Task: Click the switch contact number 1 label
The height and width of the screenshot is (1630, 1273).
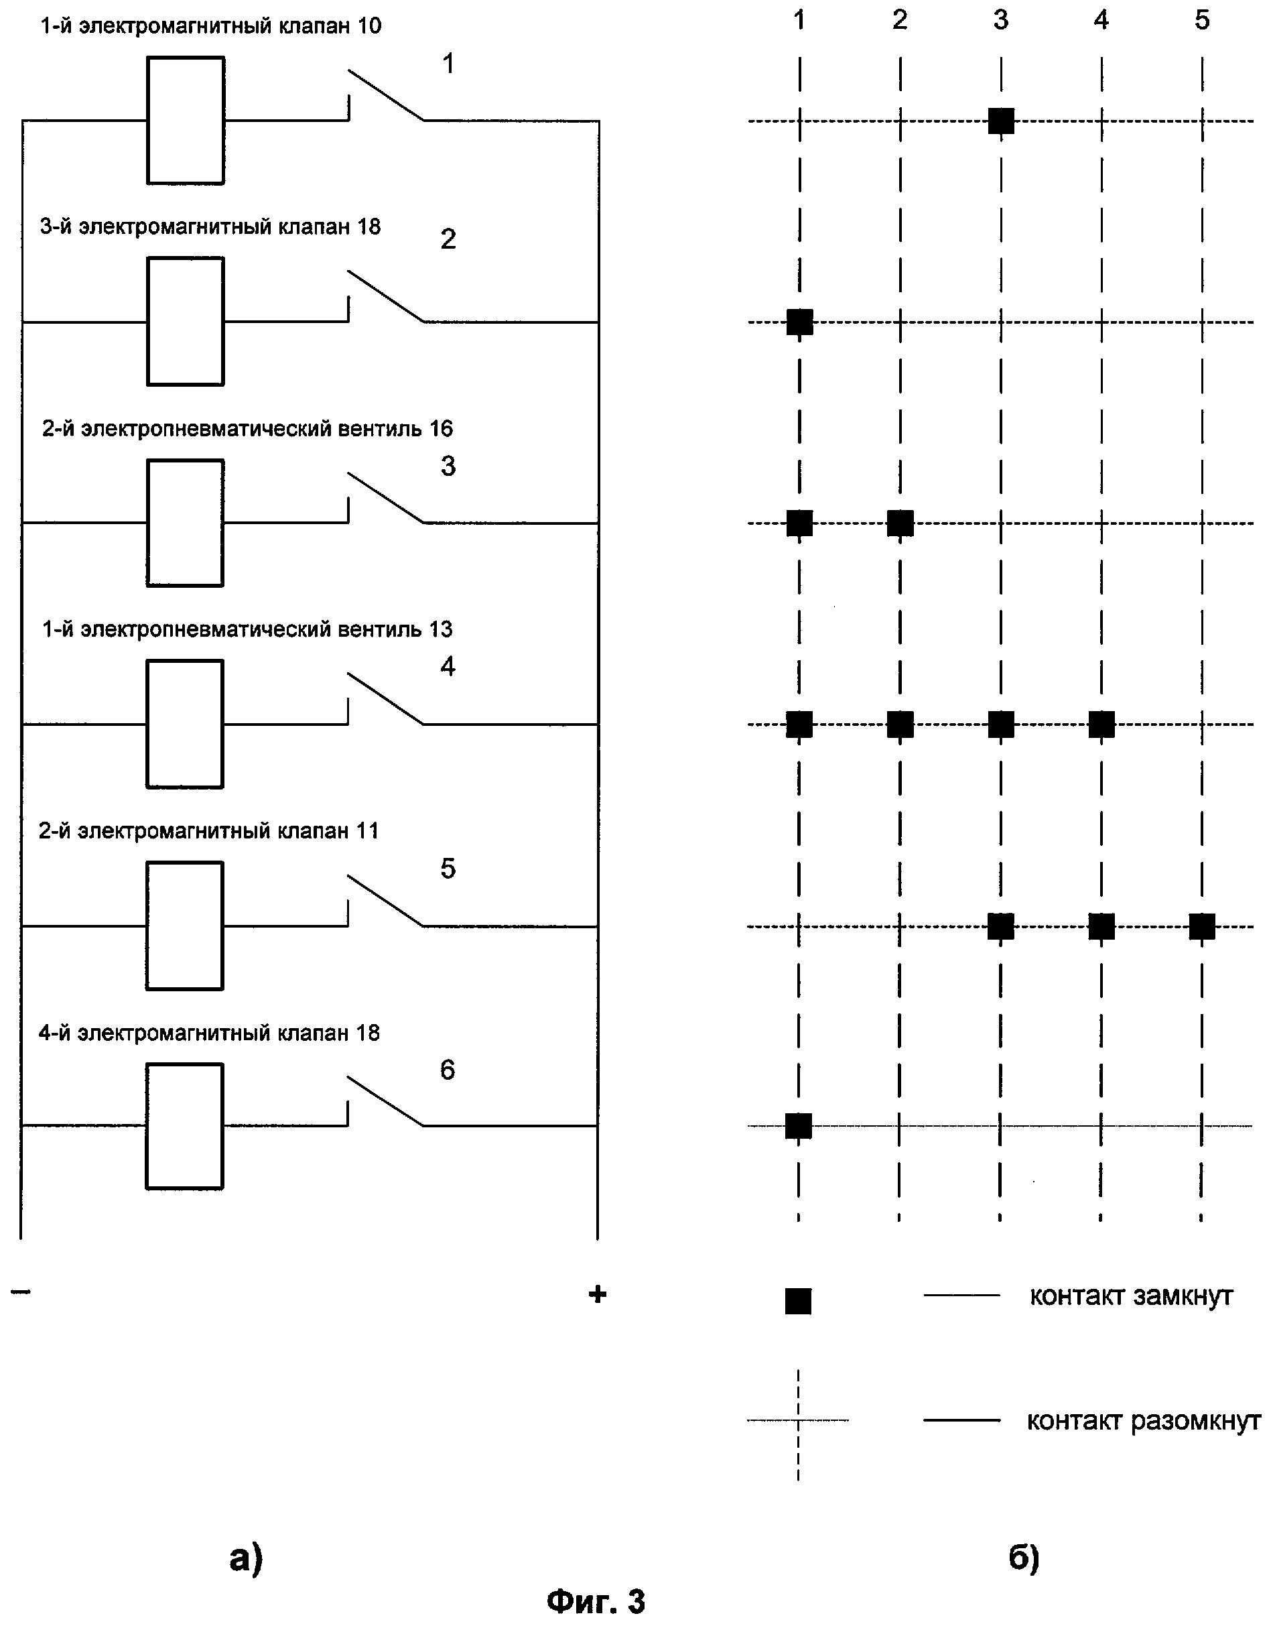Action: click(448, 64)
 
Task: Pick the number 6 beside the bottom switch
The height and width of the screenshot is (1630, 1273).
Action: click(447, 1070)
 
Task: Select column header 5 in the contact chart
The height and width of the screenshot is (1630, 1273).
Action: click(1201, 20)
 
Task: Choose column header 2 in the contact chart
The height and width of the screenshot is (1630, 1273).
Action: click(900, 20)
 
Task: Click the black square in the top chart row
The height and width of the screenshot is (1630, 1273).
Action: click(1000, 120)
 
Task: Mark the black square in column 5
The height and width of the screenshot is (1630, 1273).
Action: click(1201, 926)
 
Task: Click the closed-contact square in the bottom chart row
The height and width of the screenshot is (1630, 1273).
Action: click(799, 1125)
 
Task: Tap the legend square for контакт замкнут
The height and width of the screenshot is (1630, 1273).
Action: click(798, 1301)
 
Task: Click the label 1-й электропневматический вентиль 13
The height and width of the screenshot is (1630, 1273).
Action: click(247, 629)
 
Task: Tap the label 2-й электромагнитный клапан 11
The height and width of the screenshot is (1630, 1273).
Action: click(208, 830)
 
